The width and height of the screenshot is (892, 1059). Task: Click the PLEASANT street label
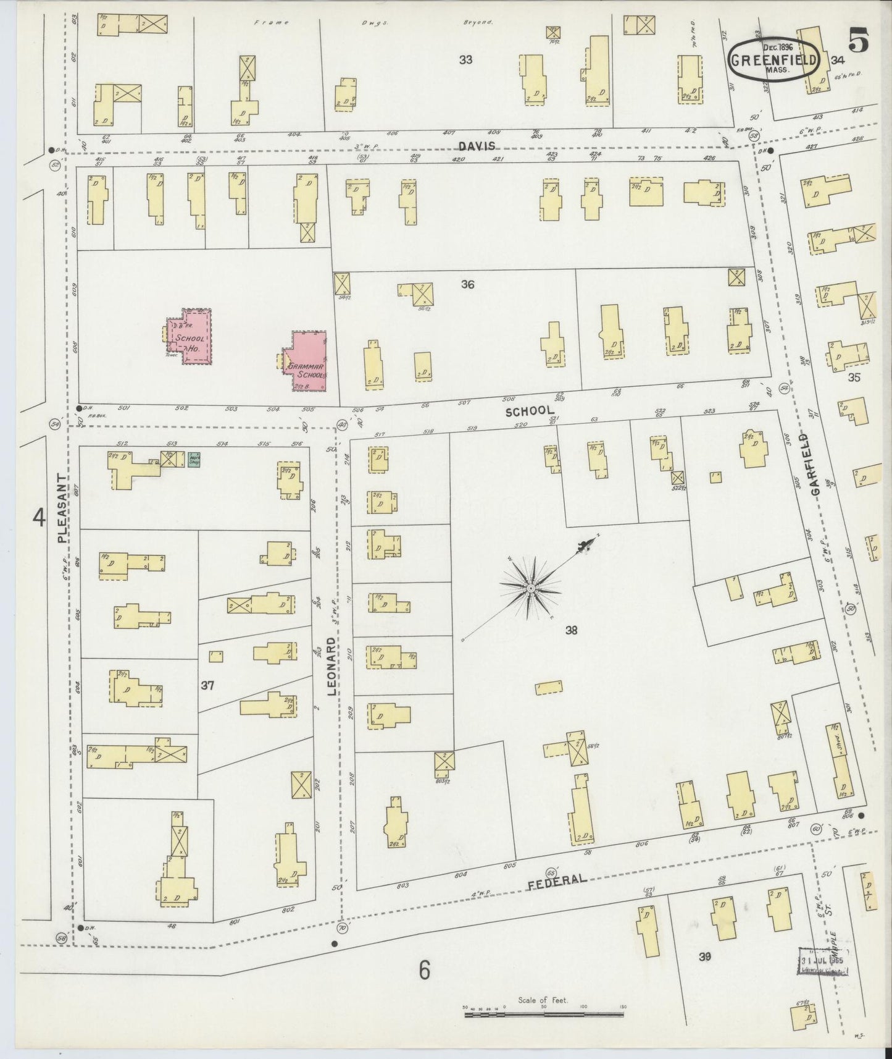(62, 508)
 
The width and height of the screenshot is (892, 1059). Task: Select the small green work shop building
(194, 459)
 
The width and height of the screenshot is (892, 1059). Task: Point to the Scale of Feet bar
(543, 1013)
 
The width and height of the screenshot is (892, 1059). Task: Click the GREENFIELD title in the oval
(774, 61)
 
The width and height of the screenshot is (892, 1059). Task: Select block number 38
(571, 630)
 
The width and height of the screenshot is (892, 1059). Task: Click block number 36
(467, 284)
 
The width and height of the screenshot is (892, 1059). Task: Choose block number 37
(207, 685)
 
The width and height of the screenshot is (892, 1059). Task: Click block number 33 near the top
(465, 59)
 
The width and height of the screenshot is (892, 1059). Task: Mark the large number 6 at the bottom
(423, 971)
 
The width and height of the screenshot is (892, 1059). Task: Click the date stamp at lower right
(822, 961)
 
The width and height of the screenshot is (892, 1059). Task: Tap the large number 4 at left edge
(40, 517)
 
